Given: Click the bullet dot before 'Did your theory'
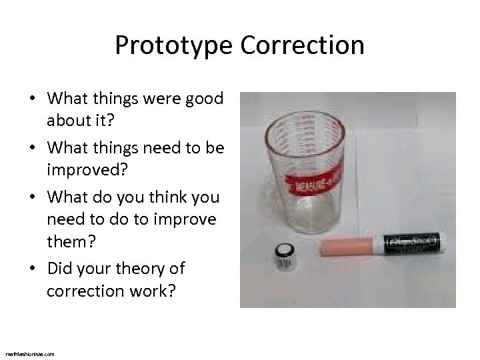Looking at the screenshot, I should coord(33,269).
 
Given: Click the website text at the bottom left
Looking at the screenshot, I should coord(29,353).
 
